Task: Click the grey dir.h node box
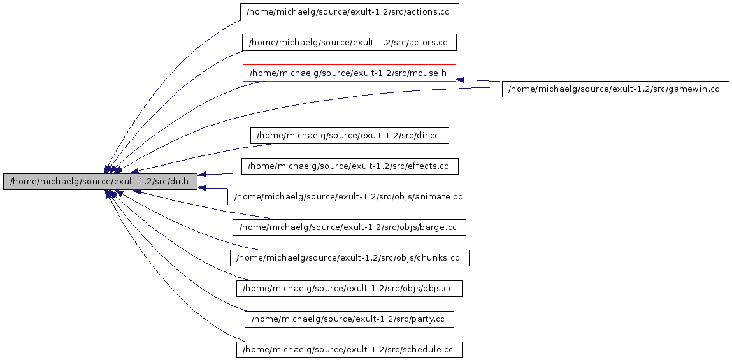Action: pos(100,182)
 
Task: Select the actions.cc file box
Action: pos(350,12)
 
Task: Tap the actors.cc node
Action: pos(350,43)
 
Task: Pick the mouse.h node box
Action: pos(350,73)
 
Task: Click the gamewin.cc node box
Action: pos(615,89)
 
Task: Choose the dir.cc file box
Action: pos(350,135)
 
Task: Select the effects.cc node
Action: pos(350,166)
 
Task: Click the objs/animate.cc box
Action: pos(349,197)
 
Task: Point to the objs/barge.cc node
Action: pos(349,227)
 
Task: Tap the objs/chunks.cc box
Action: pos(349,258)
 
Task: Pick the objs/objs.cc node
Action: pos(349,289)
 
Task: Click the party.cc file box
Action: pos(349,319)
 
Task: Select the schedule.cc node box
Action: pos(349,349)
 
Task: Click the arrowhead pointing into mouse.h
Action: pos(461,80)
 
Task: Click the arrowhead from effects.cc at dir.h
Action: pos(202,174)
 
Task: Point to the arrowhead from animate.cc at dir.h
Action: pos(202,188)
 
